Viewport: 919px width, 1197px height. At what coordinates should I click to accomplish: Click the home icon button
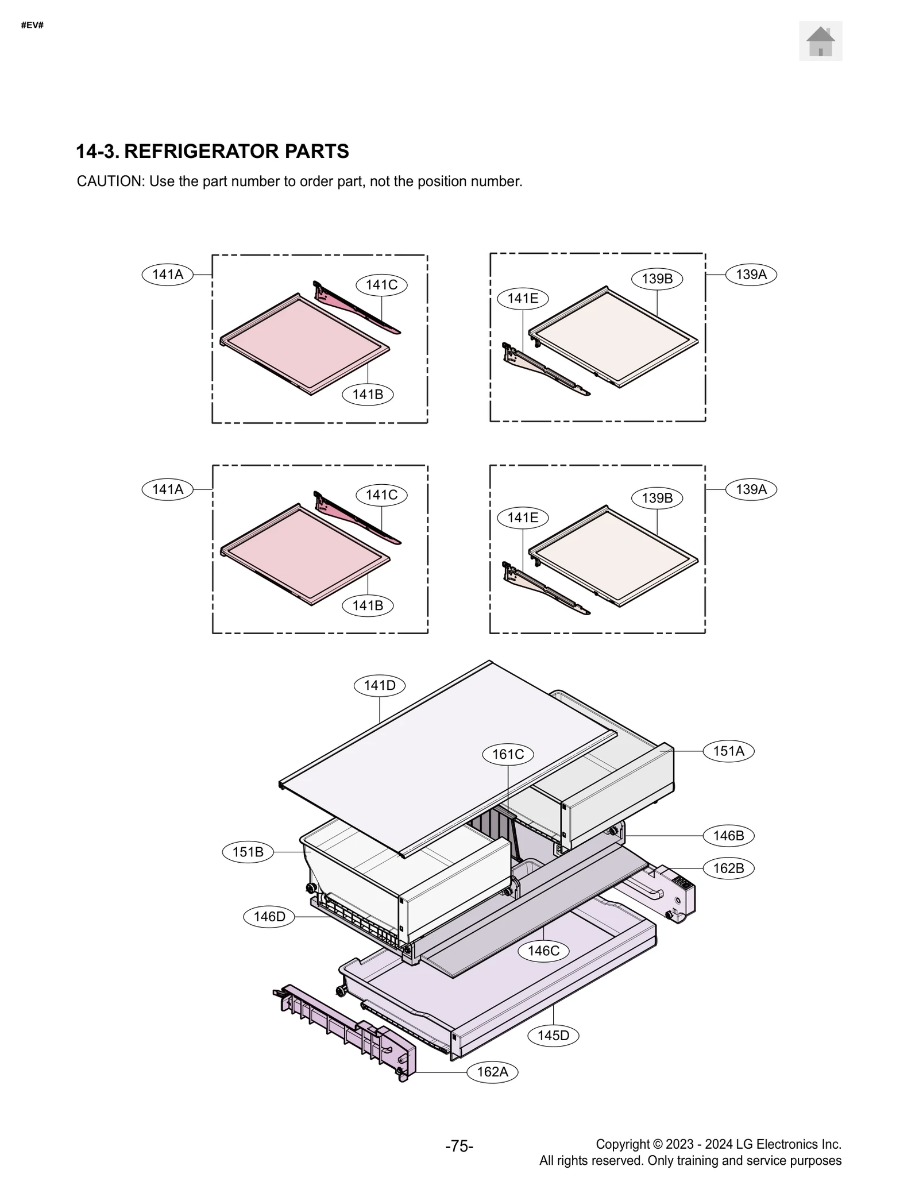[x=820, y=41]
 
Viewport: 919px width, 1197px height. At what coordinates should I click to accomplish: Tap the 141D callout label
[x=380, y=685]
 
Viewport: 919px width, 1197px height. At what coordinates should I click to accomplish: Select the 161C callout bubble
[x=508, y=754]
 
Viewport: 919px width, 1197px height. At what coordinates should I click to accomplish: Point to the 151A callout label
[x=728, y=751]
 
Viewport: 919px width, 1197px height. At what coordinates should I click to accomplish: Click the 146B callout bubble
[x=728, y=836]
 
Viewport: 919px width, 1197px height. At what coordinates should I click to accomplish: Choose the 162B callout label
[x=728, y=868]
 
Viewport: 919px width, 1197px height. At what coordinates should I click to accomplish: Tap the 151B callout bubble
[x=248, y=852]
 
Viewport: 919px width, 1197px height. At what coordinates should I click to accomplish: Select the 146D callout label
[x=269, y=916]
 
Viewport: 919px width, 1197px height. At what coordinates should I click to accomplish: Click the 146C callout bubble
[x=543, y=951]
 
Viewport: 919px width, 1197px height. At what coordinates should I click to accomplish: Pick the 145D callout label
[x=553, y=1035]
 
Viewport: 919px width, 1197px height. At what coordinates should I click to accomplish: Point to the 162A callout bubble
[x=492, y=1072]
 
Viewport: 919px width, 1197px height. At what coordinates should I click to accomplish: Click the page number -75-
[x=459, y=1146]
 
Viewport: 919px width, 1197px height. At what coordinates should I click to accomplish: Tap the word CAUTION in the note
[x=109, y=182]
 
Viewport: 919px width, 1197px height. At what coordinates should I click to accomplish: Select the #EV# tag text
[x=32, y=25]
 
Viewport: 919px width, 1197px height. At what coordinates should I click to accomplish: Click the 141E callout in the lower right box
[x=523, y=518]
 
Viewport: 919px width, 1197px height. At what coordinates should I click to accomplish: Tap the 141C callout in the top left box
[x=381, y=285]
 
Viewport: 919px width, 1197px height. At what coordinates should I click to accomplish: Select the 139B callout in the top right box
[x=657, y=279]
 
